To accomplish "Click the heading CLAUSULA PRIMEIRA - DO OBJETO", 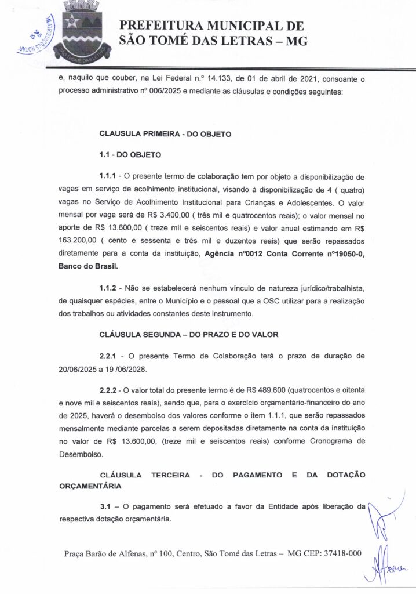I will (x=166, y=134).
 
